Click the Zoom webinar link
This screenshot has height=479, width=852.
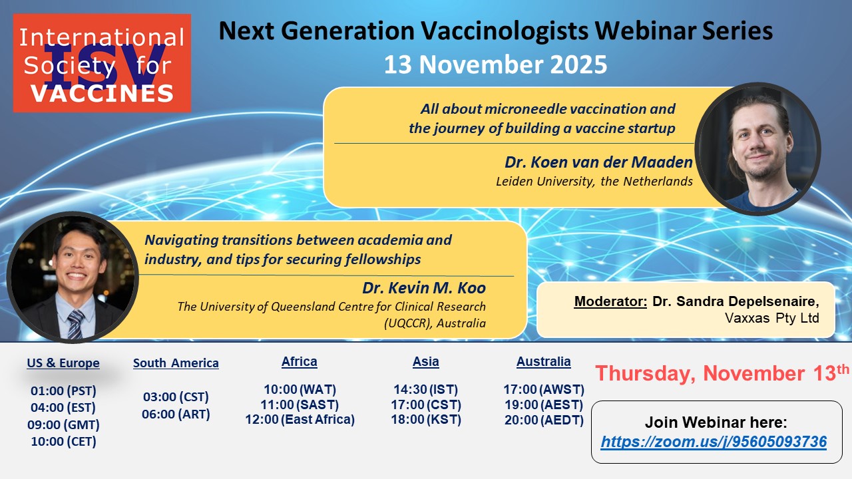pos(714,442)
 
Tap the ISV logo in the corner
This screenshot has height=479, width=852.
pos(102,63)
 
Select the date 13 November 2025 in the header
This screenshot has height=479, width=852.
pos(495,65)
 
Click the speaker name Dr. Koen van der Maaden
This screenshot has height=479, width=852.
pos(598,162)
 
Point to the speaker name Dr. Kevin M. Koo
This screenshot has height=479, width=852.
pos(424,288)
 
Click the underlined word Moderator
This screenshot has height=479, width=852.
pos(610,301)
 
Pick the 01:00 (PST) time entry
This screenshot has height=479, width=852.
pos(63,391)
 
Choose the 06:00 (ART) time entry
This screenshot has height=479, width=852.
pos(176,414)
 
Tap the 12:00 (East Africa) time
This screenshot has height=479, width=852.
pos(300,419)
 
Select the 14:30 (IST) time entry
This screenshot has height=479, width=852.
pos(425,389)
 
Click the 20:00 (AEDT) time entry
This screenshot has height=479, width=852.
pos(544,420)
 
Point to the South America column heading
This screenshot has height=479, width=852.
pos(176,363)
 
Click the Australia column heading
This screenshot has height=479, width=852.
pos(544,361)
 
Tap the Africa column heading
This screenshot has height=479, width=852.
pos(300,361)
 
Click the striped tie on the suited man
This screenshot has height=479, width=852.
pos(76,324)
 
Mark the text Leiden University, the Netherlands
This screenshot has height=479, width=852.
pos(594,182)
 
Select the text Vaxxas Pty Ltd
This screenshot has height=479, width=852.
pos(771,318)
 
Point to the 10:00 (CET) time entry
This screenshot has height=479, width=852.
pos(63,441)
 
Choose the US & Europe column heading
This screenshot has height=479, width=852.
pos(63,363)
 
